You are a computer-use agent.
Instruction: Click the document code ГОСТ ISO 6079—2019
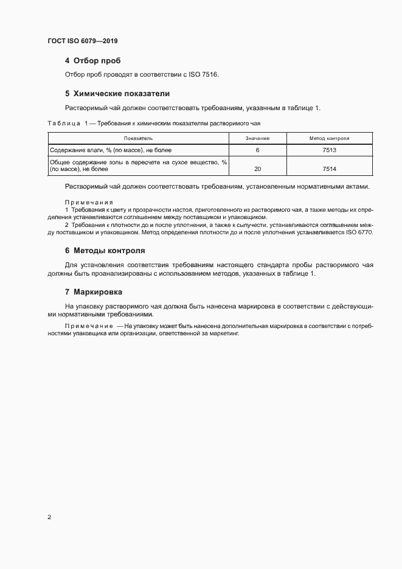tap(82, 41)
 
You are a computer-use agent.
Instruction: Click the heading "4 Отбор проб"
tap(92, 61)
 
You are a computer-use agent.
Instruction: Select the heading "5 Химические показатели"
tap(117, 94)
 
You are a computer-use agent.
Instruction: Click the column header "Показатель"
tap(137, 139)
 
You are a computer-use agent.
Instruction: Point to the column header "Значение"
tap(257, 139)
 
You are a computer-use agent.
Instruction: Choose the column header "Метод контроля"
tap(329, 139)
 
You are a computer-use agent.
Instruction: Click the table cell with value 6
tap(257, 150)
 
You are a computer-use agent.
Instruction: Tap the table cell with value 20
tap(257, 169)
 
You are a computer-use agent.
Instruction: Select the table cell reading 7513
tap(330, 150)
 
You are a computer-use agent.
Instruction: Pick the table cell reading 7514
tap(330, 169)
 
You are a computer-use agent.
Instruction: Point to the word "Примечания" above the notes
tap(89, 202)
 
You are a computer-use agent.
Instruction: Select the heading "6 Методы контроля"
tap(109, 251)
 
